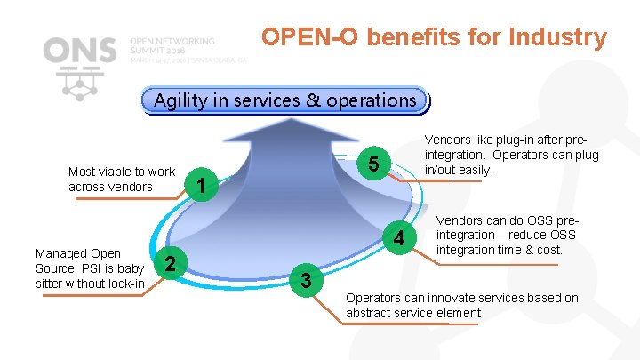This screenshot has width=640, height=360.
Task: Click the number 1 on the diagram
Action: (203, 185)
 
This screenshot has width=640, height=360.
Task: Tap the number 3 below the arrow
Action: (305, 281)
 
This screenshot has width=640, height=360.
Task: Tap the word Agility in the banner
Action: (180, 100)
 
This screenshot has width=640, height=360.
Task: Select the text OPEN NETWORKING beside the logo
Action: (172, 41)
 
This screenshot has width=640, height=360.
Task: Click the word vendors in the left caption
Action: (132, 187)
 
